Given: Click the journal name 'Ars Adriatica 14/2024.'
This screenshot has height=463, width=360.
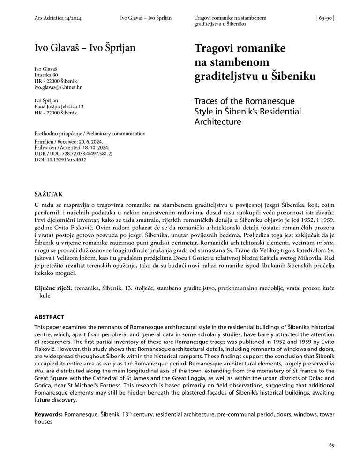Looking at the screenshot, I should pos(59,18).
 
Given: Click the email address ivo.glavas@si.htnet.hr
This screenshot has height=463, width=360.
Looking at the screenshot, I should pos(58,87).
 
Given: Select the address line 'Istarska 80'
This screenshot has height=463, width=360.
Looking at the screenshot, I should pos(46,75).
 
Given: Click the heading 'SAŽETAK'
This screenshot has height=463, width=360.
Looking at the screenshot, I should pos(49,194).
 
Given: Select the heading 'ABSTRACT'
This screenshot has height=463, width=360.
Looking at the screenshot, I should pos(49,317).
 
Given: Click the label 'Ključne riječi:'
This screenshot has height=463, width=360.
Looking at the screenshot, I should pos(53,287).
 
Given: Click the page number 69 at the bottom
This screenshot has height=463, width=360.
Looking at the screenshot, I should pos(331,445).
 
